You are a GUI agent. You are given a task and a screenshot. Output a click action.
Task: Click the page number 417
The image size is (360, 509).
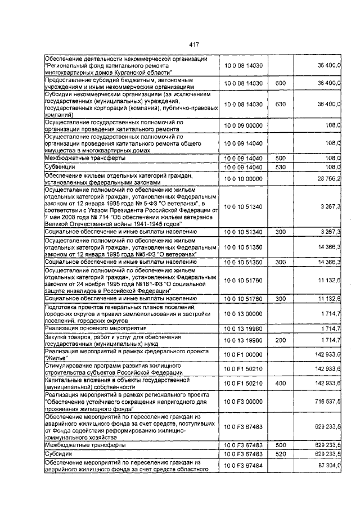pyautogui.click(x=195, y=45)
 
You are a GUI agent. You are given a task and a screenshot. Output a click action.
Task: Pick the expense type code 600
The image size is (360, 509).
pyautogui.click(x=280, y=83)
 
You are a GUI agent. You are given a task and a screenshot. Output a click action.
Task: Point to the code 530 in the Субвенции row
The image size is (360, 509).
pyautogui.click(x=280, y=168)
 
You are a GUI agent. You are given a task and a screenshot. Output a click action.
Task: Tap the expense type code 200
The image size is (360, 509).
pyautogui.click(x=280, y=340)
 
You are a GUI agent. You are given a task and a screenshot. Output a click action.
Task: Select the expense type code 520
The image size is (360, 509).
pyautogui.click(x=280, y=453)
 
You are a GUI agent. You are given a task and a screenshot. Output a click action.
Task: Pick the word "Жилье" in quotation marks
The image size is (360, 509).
pyautogui.click(x=56, y=358)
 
